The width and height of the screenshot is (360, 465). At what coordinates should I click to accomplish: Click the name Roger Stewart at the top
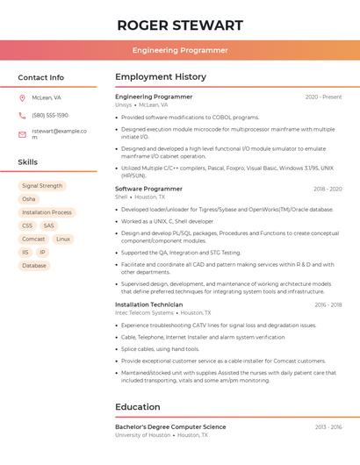(180, 25)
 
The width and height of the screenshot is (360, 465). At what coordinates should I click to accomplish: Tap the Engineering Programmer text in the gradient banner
(180, 50)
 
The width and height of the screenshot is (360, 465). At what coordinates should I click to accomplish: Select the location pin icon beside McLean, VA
(22, 98)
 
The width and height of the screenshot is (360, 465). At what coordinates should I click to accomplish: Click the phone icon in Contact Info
(22, 116)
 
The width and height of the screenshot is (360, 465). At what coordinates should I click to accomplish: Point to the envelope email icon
(22, 134)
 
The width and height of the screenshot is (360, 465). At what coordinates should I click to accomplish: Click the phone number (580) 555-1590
(50, 116)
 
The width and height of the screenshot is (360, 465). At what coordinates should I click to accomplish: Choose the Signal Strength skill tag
(42, 186)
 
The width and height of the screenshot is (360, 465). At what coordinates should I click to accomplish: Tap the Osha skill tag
(29, 199)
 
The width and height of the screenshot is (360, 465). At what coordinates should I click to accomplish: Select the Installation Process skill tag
(47, 212)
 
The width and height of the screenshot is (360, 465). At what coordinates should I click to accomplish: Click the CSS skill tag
(27, 225)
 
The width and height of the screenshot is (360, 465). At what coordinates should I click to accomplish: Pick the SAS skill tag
(48, 225)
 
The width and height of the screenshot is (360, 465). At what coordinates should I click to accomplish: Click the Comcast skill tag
(33, 239)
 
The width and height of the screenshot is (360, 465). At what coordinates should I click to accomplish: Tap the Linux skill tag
(63, 239)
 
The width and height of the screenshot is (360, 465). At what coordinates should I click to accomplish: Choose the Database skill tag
(34, 265)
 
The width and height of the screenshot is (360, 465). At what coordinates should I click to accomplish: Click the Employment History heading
(161, 77)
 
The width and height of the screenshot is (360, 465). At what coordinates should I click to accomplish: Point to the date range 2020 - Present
(323, 97)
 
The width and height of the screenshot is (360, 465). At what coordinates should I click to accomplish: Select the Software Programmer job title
(148, 189)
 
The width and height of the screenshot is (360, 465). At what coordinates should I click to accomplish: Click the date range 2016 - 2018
(328, 304)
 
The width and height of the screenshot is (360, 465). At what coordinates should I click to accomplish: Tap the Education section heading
(139, 407)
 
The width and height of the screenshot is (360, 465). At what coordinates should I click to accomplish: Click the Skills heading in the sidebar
(28, 162)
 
